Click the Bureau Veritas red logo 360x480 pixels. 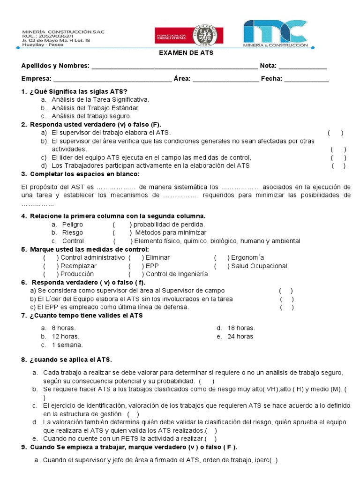[189, 36]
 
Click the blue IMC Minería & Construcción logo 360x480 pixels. [275, 34]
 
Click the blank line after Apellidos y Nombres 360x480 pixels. [174, 67]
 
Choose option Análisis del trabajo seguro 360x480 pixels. [91, 116]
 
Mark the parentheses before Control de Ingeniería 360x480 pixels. [136, 274]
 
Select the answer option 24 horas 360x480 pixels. [240, 336]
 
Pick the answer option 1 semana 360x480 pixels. [67, 345]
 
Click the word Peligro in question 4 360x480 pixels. [73, 225]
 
